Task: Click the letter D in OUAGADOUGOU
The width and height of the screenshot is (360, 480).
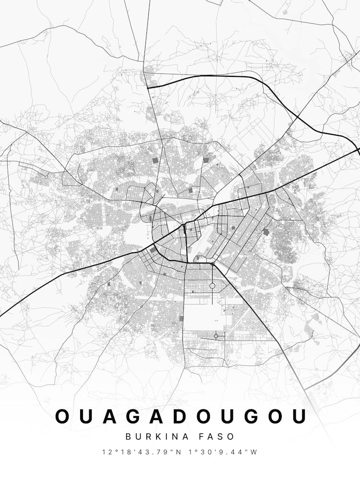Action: tap(181, 416)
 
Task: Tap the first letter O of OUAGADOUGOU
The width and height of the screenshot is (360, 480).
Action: tap(64, 416)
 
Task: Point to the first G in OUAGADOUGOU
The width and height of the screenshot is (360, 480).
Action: tap(134, 416)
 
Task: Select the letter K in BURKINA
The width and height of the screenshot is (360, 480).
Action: tap(157, 437)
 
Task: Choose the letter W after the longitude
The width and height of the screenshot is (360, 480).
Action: tap(254, 452)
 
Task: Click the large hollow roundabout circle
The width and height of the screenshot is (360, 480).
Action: tap(212, 286)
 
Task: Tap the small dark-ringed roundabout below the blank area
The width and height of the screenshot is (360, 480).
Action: tap(216, 336)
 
